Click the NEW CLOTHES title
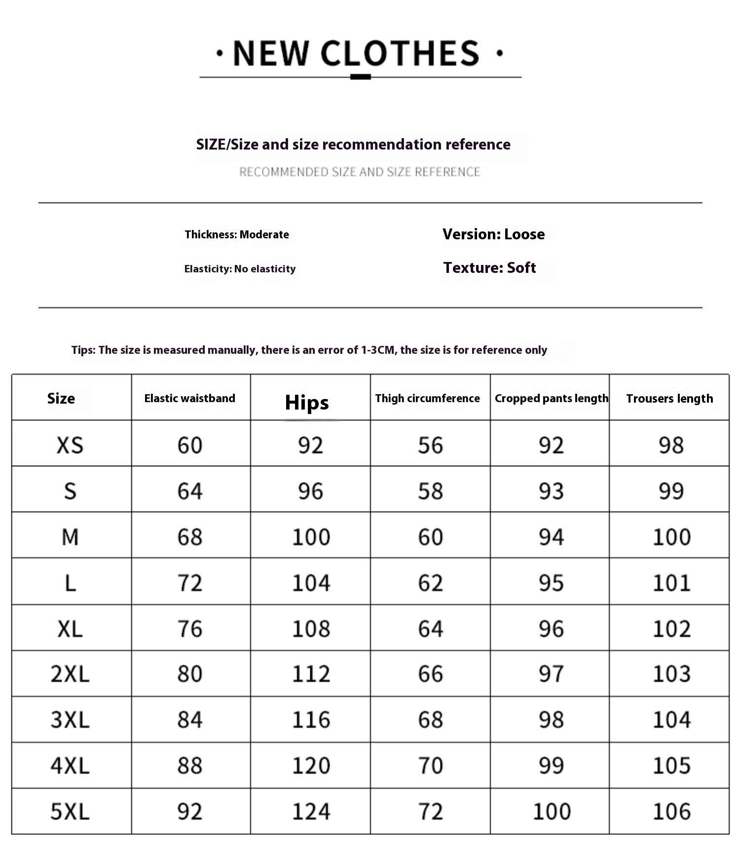(x=356, y=53)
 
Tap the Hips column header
(x=307, y=402)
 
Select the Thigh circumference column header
(x=427, y=398)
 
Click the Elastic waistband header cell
(x=189, y=398)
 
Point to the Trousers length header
(x=669, y=398)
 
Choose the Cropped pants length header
(x=551, y=398)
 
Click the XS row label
(x=70, y=445)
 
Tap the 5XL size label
(x=70, y=811)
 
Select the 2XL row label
(x=70, y=674)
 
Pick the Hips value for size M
(x=311, y=537)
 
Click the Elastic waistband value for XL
(x=190, y=629)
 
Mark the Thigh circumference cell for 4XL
(x=431, y=765)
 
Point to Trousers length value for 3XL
(x=671, y=719)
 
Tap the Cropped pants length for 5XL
(x=552, y=811)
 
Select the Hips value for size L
(x=311, y=583)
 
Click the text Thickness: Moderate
(x=237, y=234)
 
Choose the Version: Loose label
(x=493, y=234)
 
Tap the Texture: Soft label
(x=489, y=267)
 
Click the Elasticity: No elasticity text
(x=240, y=269)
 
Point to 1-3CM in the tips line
(x=378, y=350)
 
